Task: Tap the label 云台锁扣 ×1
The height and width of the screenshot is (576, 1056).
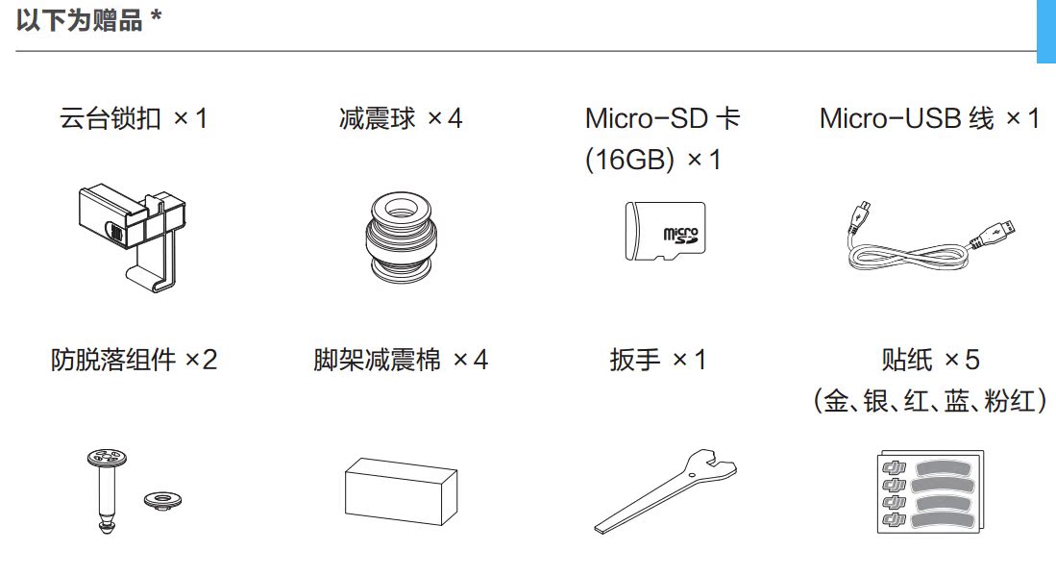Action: tap(134, 119)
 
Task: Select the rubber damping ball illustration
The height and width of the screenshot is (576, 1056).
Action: tap(402, 237)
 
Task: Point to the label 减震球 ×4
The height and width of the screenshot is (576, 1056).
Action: tap(401, 119)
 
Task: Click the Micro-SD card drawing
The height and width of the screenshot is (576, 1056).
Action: tap(664, 232)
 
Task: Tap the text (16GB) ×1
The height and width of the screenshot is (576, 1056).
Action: tap(652, 160)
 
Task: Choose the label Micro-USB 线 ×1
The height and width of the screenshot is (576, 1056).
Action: tap(929, 119)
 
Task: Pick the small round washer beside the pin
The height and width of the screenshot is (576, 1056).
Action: tap(161, 498)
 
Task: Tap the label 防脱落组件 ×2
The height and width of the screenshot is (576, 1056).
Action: tap(134, 361)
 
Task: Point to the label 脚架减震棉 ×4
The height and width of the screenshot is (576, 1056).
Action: tap(401, 361)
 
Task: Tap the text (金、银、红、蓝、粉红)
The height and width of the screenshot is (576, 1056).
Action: tap(929, 401)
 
